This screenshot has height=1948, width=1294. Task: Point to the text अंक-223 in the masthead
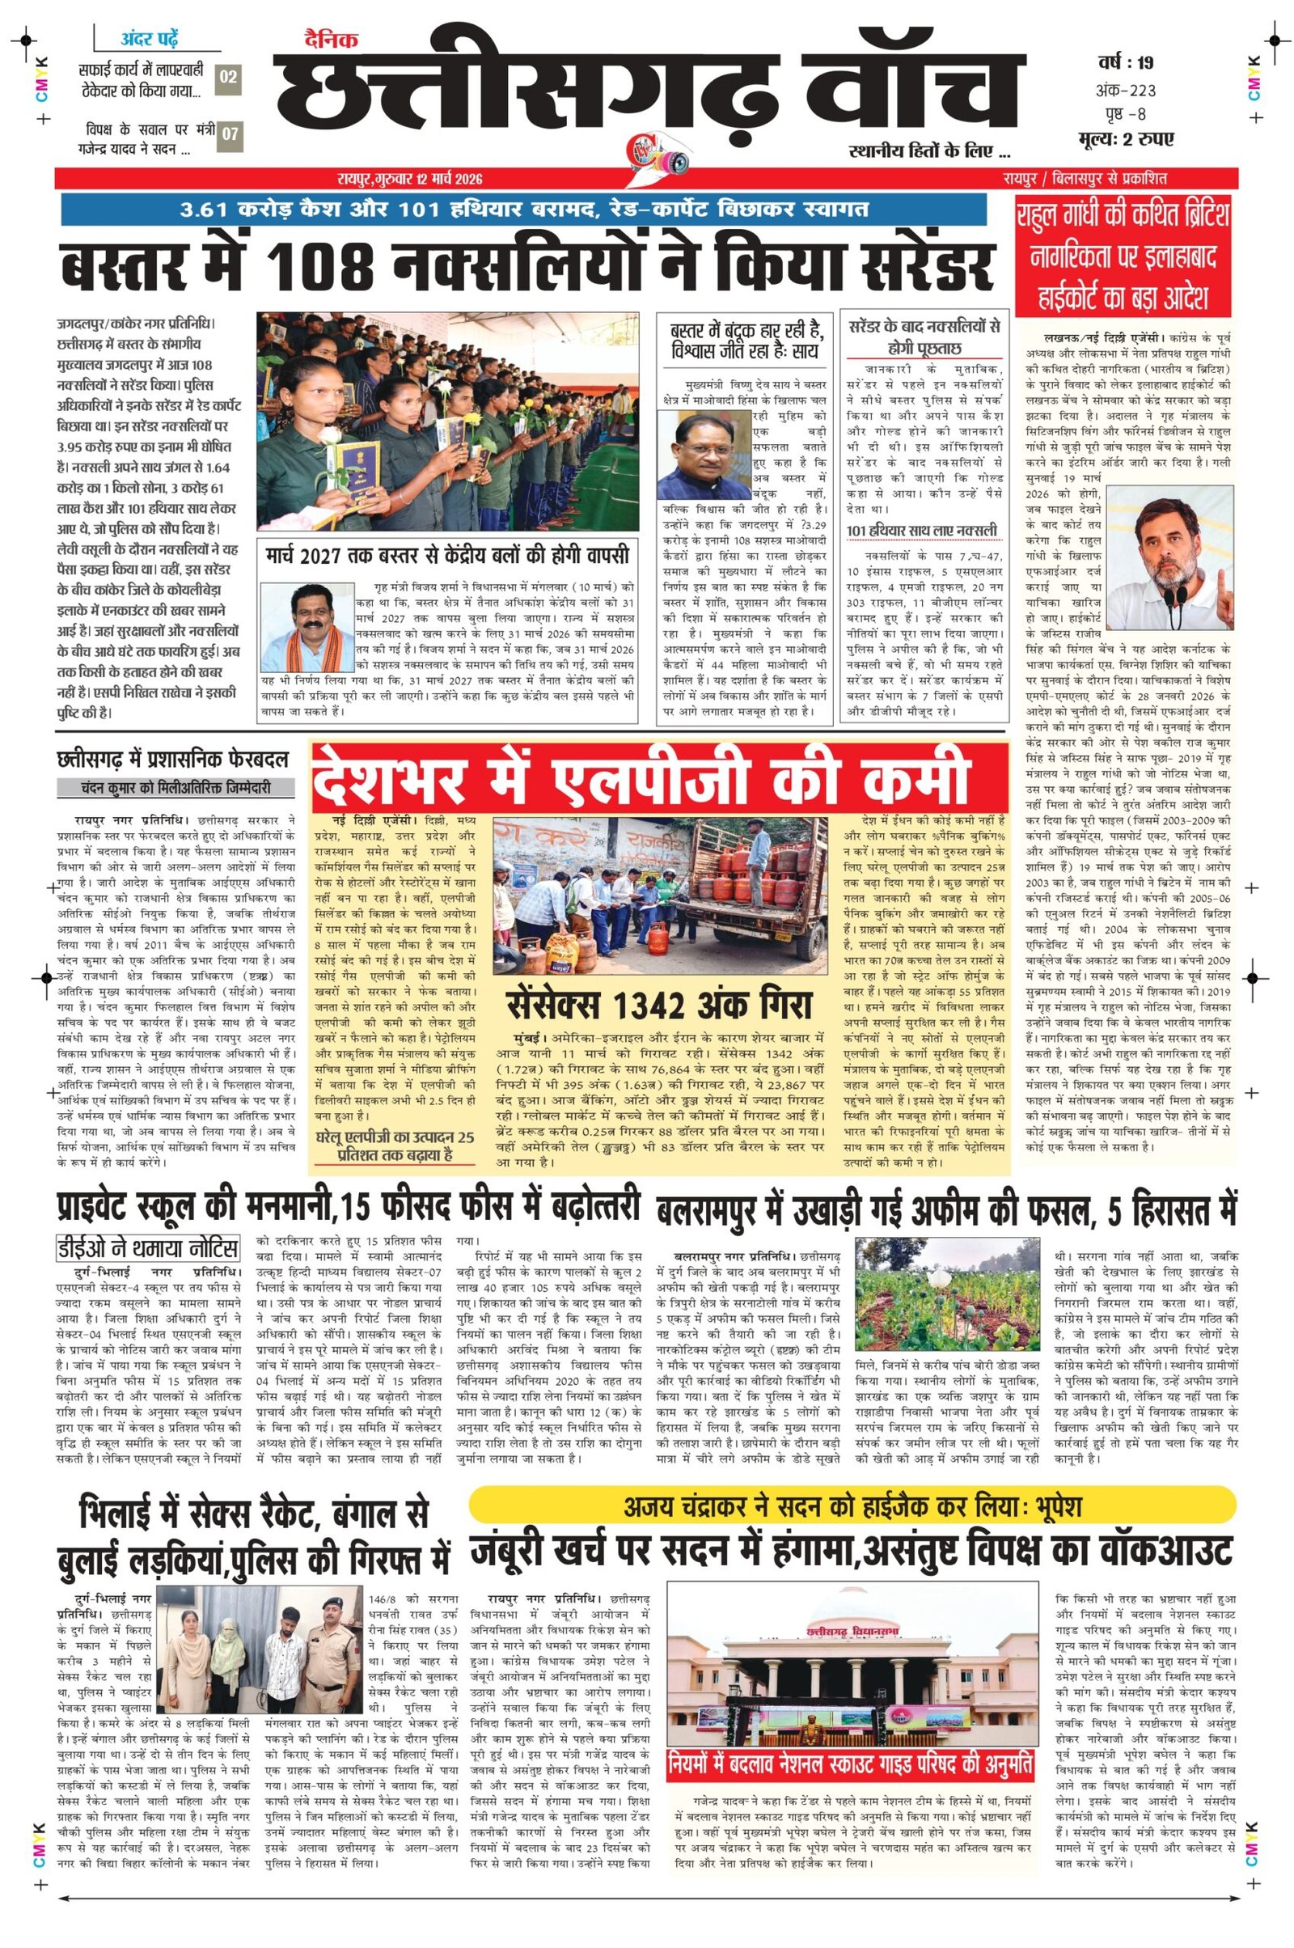(1126, 89)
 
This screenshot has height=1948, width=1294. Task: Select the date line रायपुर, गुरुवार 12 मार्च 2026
(408, 179)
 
